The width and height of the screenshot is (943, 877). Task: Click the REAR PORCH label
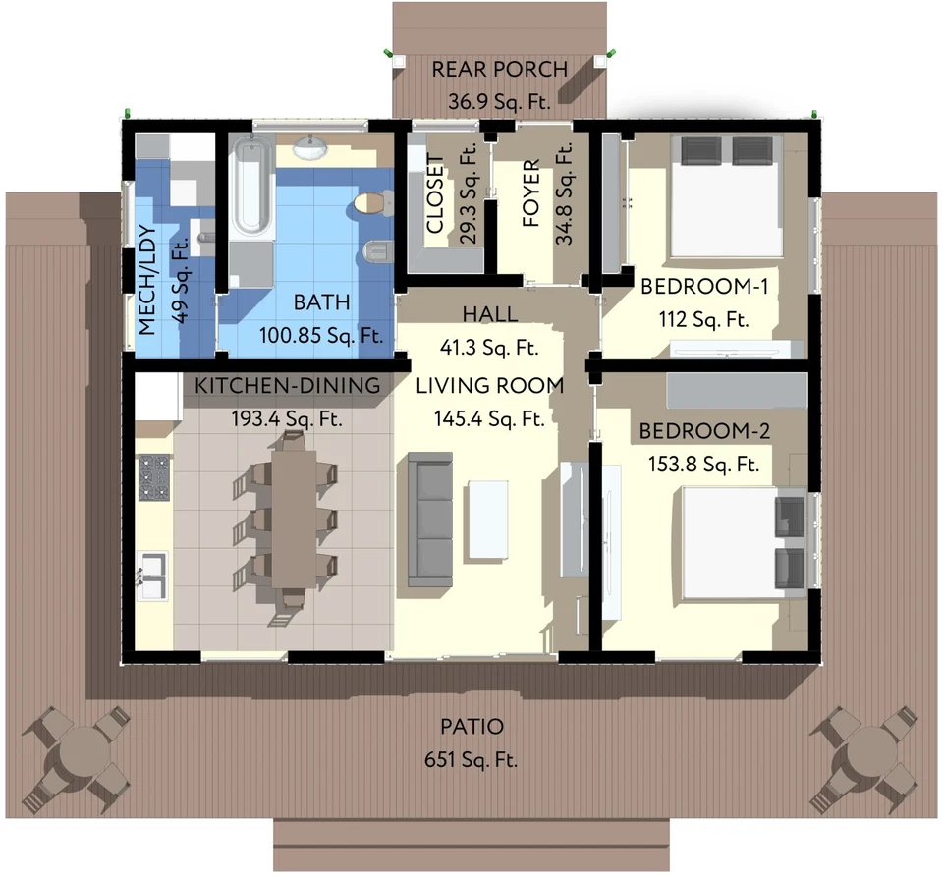click(500, 69)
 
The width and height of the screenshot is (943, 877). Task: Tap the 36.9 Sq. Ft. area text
click(500, 100)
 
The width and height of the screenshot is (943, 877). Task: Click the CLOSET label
click(435, 194)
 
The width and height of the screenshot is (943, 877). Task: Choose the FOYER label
click(530, 193)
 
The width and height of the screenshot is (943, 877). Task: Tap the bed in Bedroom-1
click(727, 196)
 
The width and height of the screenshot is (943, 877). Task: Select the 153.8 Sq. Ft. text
click(703, 464)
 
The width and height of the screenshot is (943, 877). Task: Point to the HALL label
click(490, 313)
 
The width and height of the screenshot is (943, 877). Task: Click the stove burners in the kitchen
click(153, 476)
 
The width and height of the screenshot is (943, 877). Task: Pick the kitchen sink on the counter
click(152, 575)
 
